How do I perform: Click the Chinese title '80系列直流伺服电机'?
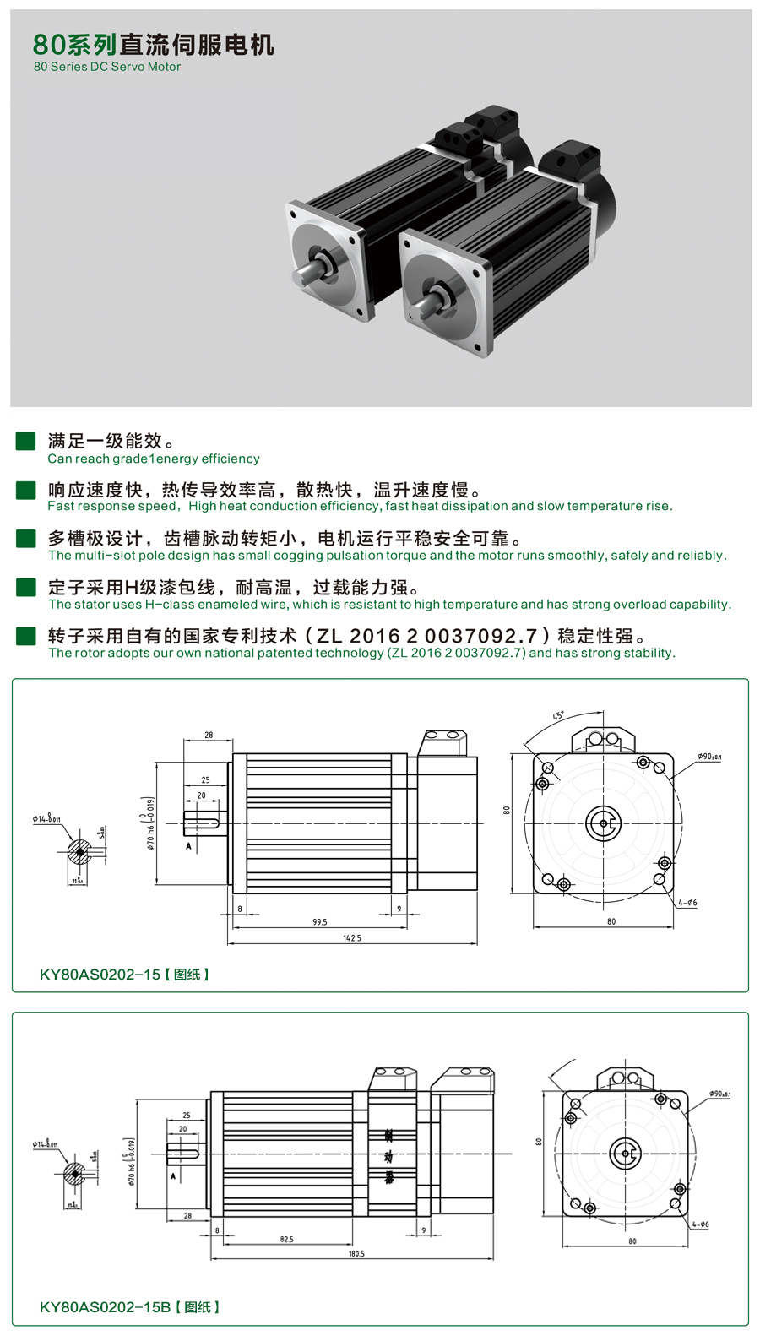(153, 44)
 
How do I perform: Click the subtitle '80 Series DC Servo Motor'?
(107, 67)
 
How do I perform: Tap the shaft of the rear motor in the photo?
(305, 273)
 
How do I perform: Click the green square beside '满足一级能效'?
(26, 441)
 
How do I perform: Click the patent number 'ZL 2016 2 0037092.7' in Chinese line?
(426, 635)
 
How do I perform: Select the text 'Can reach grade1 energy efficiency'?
(153, 459)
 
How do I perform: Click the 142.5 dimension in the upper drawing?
(352, 937)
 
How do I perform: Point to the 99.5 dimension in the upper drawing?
(319, 922)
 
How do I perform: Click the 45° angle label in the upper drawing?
(558, 716)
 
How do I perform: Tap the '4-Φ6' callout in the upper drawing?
(687, 903)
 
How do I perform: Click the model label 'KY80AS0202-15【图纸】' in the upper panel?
(124, 974)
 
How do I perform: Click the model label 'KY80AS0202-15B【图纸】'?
(129, 1306)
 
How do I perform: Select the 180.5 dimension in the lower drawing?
(356, 1253)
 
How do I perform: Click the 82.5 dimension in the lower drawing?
(287, 1239)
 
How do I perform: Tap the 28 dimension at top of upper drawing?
(209, 735)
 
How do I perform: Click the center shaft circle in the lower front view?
(626, 1154)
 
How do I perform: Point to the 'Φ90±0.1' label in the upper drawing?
(709, 757)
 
